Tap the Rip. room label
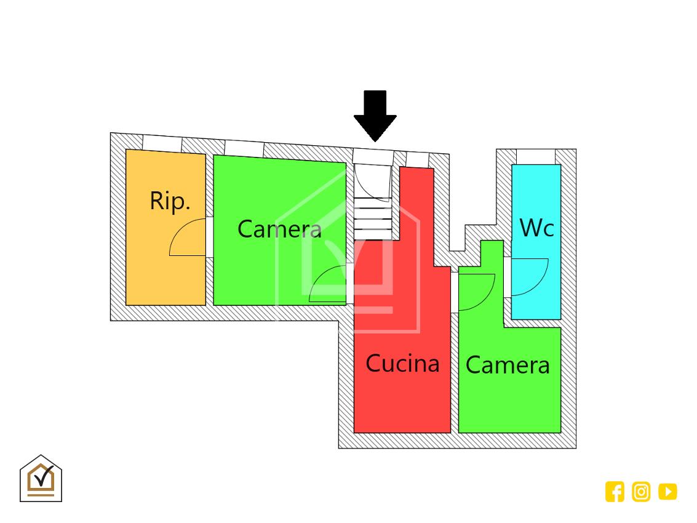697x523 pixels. (170, 201)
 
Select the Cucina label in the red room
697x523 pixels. (402, 363)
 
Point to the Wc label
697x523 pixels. (536, 228)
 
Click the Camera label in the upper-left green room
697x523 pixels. (279, 229)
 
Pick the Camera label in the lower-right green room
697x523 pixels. (508, 365)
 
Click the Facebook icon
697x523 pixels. (615, 492)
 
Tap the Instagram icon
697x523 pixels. (641, 492)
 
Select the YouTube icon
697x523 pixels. (667, 492)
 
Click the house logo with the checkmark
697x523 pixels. (41, 478)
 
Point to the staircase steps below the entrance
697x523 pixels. (373, 218)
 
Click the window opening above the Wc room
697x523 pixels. (535, 156)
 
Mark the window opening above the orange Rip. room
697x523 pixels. (162, 143)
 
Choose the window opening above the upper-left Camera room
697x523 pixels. (244, 148)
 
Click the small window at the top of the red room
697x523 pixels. (417, 160)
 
